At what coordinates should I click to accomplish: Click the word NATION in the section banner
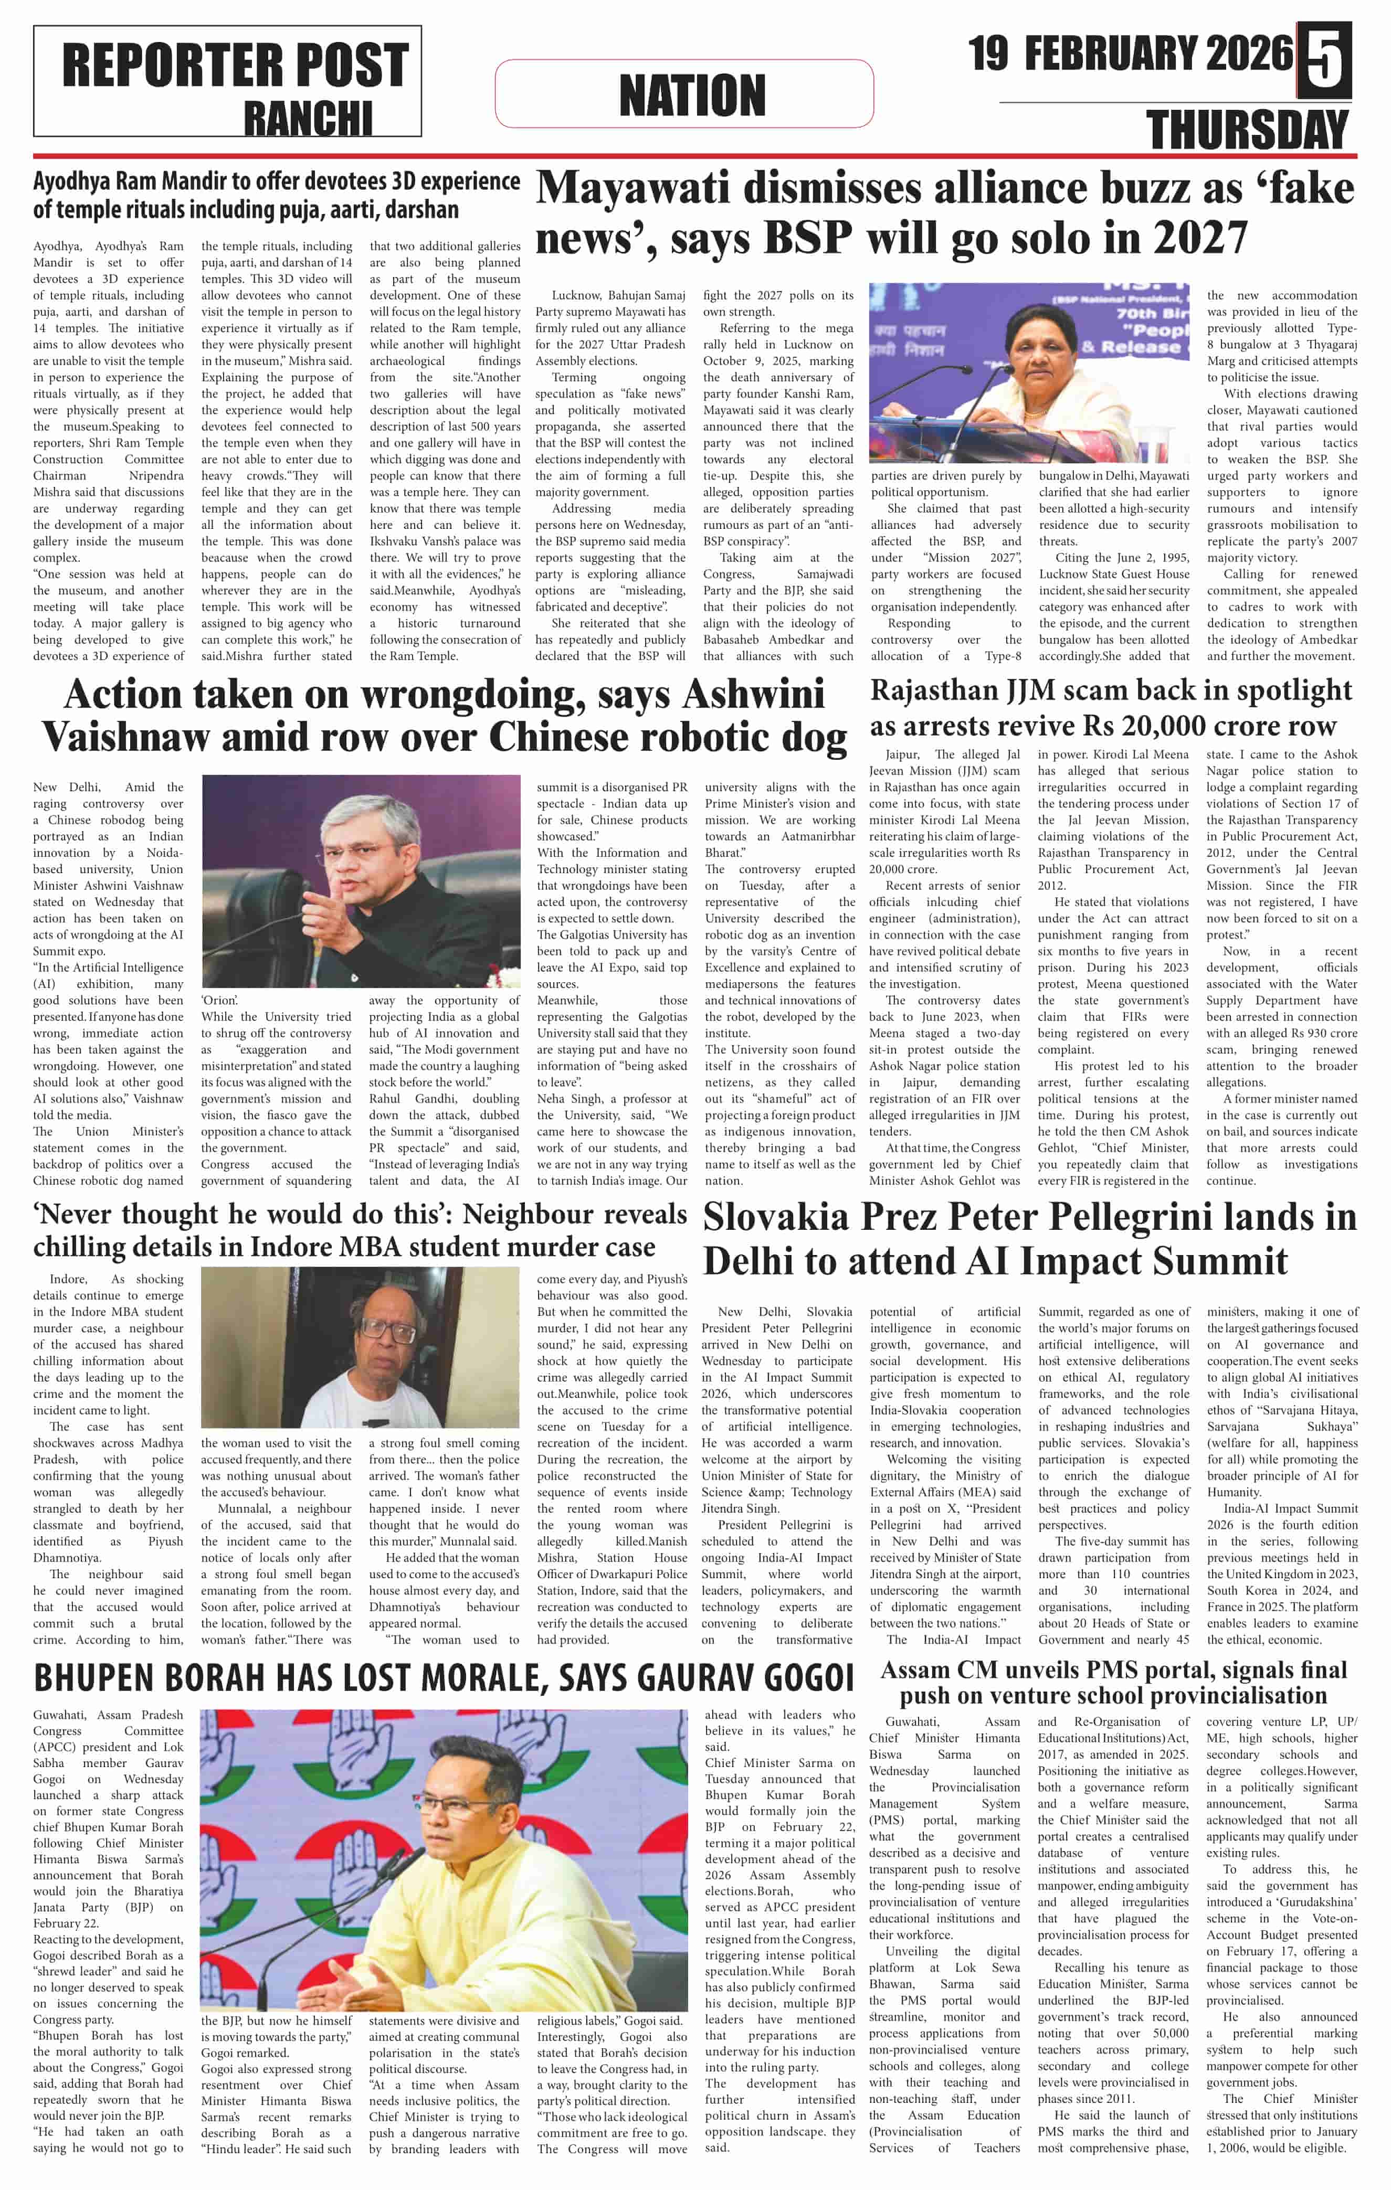pyautogui.click(x=692, y=94)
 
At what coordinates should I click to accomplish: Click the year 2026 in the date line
pyautogui.click(x=1246, y=54)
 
